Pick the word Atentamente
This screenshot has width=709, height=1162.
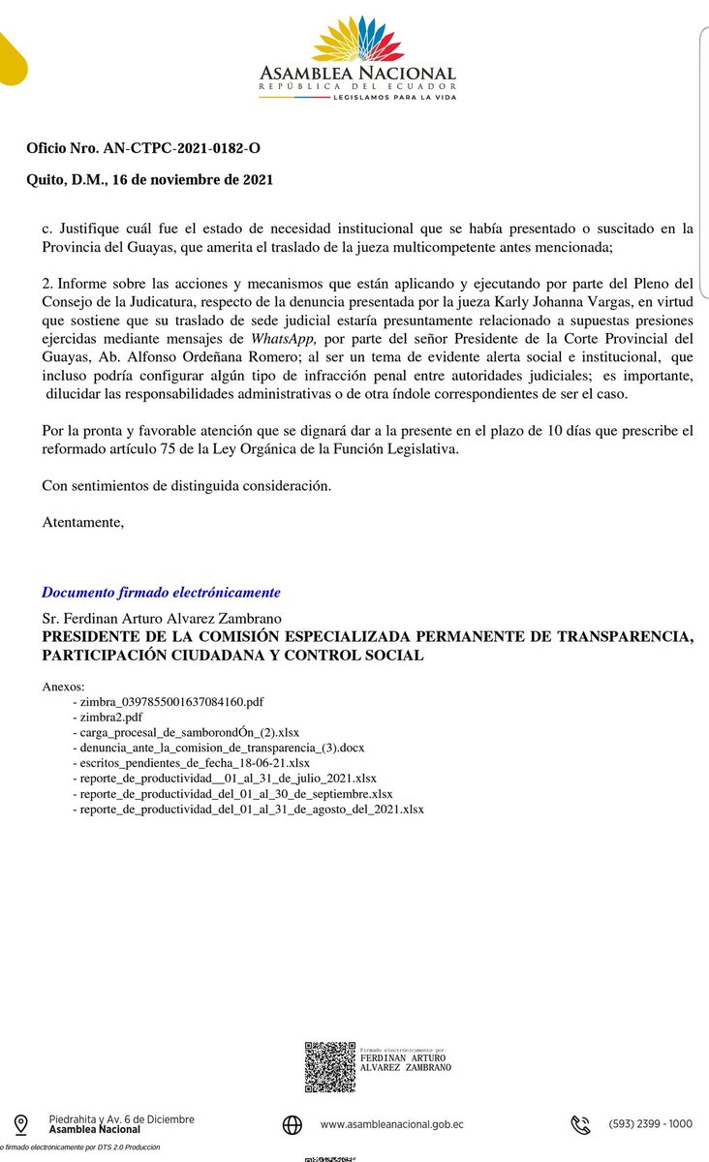(x=83, y=523)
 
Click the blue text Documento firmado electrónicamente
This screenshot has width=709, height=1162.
(x=161, y=592)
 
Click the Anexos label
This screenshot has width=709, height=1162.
(x=64, y=686)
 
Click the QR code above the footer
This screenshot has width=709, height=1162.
(x=329, y=1066)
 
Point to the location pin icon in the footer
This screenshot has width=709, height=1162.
(x=21, y=1124)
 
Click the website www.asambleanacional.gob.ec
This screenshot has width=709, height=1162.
(x=391, y=1124)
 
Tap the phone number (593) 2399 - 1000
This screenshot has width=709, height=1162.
(x=651, y=1124)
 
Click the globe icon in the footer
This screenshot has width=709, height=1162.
(x=293, y=1124)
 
